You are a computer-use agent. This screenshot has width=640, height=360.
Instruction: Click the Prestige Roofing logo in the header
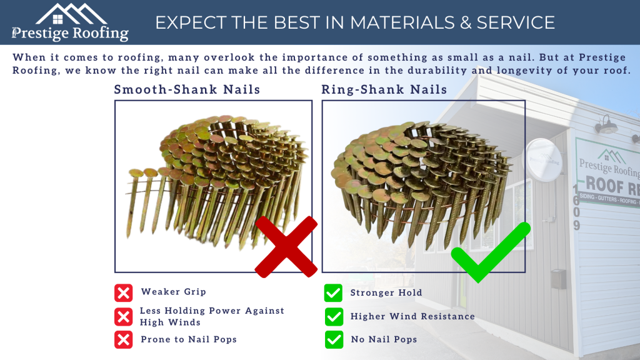pos(70,22)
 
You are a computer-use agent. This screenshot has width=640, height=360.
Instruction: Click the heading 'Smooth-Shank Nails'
pos(187,89)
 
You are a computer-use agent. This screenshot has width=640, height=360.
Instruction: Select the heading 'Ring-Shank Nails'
pos(384,89)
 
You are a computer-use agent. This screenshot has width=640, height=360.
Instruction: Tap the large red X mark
pos(286,246)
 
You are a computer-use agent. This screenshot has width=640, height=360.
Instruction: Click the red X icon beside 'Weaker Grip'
pos(124,292)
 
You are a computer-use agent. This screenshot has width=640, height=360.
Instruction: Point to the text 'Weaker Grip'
pos(173,292)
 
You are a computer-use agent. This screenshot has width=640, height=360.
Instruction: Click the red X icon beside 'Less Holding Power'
pos(124,316)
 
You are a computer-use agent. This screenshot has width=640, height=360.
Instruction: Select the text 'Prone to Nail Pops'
pos(189,339)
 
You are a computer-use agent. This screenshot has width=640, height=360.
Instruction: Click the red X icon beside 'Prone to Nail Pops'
pos(124,339)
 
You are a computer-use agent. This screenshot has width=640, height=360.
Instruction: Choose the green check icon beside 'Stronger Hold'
pos(334,292)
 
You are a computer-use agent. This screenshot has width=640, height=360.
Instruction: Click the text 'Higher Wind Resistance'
pos(412,316)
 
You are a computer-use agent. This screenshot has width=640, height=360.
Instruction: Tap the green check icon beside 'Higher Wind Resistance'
pos(334,316)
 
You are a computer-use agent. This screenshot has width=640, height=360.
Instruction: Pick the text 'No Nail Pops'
pos(383,339)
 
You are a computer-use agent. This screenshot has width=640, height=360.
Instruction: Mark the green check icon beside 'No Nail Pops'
pos(334,339)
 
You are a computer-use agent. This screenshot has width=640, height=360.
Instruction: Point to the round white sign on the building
pos(542,160)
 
